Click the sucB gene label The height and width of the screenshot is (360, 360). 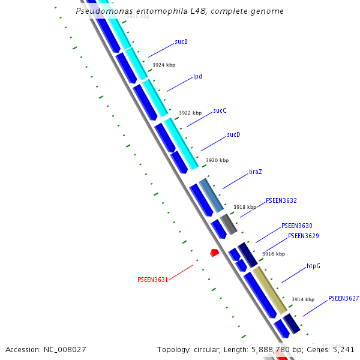(181, 41)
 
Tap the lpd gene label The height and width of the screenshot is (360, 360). (197, 77)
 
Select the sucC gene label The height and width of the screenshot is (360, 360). (220, 111)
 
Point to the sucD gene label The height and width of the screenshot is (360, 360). (233, 135)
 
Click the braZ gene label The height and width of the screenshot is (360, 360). (256, 172)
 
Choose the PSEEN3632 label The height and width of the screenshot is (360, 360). (281, 200)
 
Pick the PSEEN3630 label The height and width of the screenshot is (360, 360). (297, 226)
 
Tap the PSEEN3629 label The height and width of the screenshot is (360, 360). (304, 236)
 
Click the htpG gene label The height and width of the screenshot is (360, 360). (314, 266)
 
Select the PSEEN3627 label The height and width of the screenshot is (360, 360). (344, 298)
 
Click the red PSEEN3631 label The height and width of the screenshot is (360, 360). (152, 280)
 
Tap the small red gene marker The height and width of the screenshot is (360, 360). (214, 253)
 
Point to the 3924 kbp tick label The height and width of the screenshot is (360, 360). (164, 65)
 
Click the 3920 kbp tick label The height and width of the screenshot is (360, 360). (217, 161)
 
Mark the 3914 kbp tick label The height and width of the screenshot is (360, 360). (303, 299)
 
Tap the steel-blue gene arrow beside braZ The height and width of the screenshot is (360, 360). (211, 195)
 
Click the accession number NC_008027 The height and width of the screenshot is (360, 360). (65, 349)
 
